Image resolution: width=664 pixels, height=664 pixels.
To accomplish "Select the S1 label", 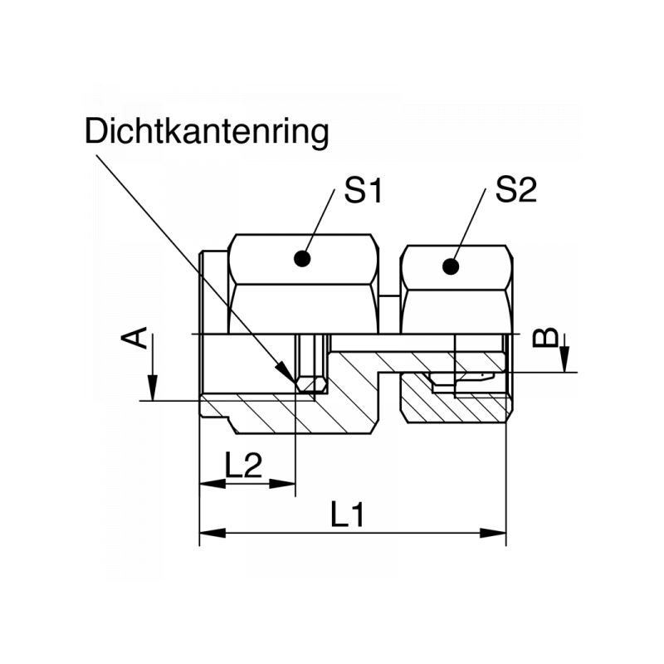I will tap(363, 192).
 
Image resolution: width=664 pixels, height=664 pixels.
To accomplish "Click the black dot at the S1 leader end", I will tap(304, 259).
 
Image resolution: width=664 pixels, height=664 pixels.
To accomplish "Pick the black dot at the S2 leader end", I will tap(451, 266).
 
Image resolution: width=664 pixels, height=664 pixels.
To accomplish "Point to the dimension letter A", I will tap(140, 338).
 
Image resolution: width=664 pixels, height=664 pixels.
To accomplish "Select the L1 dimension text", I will tap(348, 516).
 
